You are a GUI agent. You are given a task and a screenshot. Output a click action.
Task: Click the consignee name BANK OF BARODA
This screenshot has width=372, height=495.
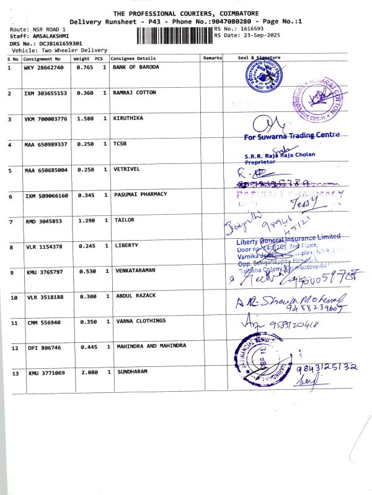[x=136, y=67]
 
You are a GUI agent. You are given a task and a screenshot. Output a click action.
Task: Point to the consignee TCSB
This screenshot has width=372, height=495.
[x=120, y=144]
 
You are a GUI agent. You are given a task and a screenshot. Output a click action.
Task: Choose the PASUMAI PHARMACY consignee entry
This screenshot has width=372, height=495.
[x=141, y=194]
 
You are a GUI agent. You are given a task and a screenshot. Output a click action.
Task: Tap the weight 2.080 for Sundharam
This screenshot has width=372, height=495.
[x=91, y=373]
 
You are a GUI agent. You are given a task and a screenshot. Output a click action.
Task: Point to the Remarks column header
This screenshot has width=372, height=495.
[x=212, y=58]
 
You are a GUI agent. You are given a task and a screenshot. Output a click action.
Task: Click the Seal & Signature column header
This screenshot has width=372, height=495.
[x=259, y=58]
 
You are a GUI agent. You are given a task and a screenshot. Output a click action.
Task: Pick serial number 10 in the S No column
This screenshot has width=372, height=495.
[x=14, y=298]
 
